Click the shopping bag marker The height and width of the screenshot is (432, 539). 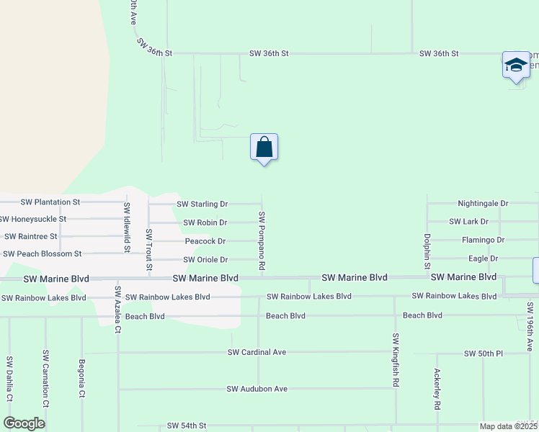click(x=264, y=148)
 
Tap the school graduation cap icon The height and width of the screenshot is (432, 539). click(x=515, y=66)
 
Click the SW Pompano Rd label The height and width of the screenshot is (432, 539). click(x=262, y=241)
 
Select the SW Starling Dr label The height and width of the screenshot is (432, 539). click(x=202, y=204)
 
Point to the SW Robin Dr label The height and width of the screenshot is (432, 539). click(x=205, y=223)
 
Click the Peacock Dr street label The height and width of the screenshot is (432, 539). click(x=205, y=241)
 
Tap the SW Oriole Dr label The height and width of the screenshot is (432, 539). click(x=205, y=260)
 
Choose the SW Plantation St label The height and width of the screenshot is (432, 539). click(x=50, y=202)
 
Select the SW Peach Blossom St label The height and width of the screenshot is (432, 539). click(x=43, y=254)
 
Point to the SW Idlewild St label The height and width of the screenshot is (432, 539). click(x=127, y=228)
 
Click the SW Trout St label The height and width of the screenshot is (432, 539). click(x=149, y=251)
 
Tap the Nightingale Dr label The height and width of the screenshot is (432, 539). click(x=483, y=204)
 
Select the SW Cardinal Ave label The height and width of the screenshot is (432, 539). click(x=257, y=352)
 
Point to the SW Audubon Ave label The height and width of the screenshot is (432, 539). click(x=257, y=389)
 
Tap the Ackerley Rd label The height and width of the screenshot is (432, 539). click(x=437, y=390)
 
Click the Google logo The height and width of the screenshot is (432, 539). click(x=24, y=424)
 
